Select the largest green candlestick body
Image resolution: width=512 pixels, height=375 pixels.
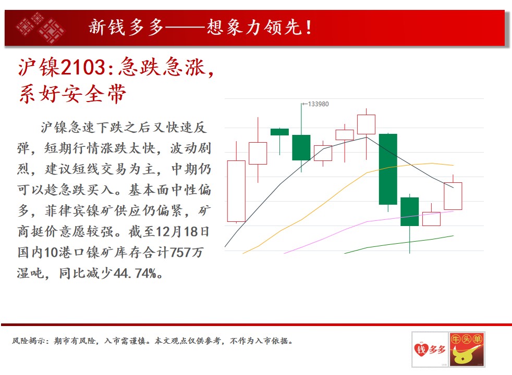click(x=388, y=169)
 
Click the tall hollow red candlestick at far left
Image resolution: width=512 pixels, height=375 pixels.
click(x=236, y=191)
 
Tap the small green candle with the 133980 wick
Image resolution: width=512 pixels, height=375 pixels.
click(x=301, y=148)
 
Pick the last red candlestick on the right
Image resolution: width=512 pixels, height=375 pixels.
click(x=453, y=196)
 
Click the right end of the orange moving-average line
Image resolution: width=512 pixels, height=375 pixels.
click(x=453, y=165)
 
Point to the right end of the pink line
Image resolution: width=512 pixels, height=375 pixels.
click(x=453, y=211)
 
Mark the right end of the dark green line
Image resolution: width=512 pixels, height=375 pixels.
click(x=453, y=236)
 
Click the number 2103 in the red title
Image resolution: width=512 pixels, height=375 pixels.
click(x=83, y=68)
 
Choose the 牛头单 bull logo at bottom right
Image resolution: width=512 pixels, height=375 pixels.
click(x=467, y=349)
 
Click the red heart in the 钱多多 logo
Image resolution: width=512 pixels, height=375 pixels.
click(x=421, y=350)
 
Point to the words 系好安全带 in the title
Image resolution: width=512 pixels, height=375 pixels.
click(x=72, y=94)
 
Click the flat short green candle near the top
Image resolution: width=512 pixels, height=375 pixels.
click(x=279, y=132)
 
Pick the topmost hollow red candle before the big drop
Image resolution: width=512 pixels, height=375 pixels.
click(x=366, y=124)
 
